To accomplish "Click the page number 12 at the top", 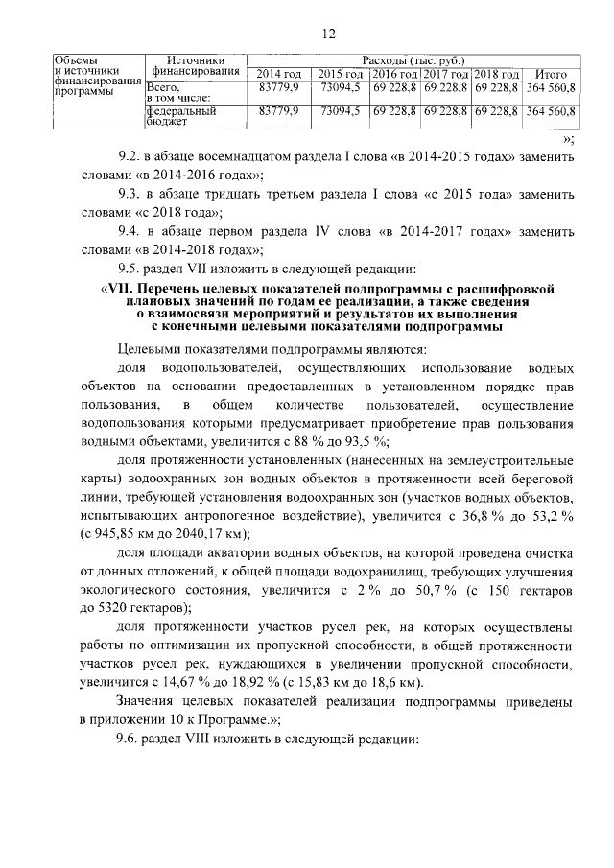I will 328,35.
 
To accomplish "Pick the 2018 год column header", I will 496,74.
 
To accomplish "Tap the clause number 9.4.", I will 129,232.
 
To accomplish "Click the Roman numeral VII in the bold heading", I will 122,289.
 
